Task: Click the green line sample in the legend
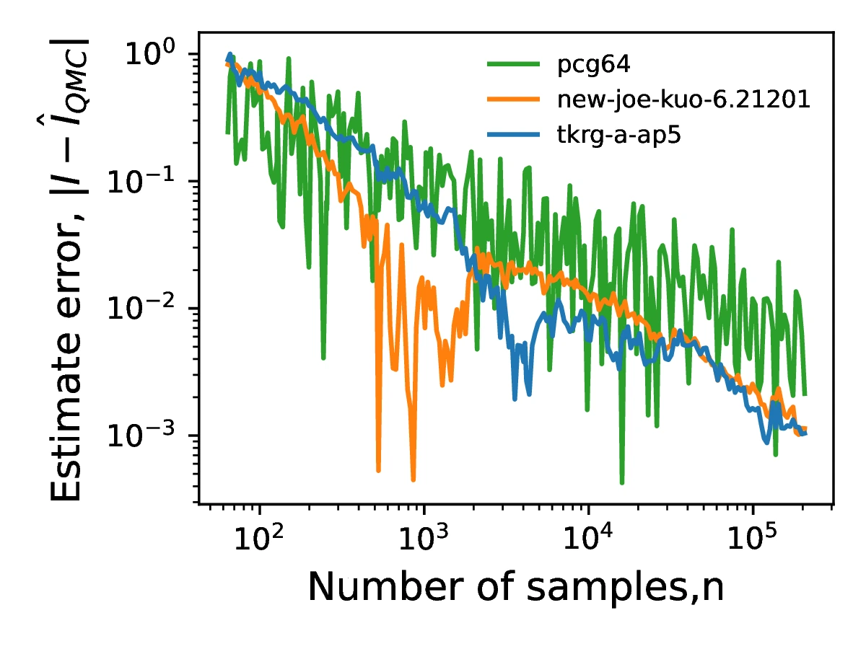[x=513, y=66]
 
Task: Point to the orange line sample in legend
[x=513, y=100]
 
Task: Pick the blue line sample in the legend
[x=513, y=135]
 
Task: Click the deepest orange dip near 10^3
[x=413, y=479]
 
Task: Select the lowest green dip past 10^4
[x=621, y=482]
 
